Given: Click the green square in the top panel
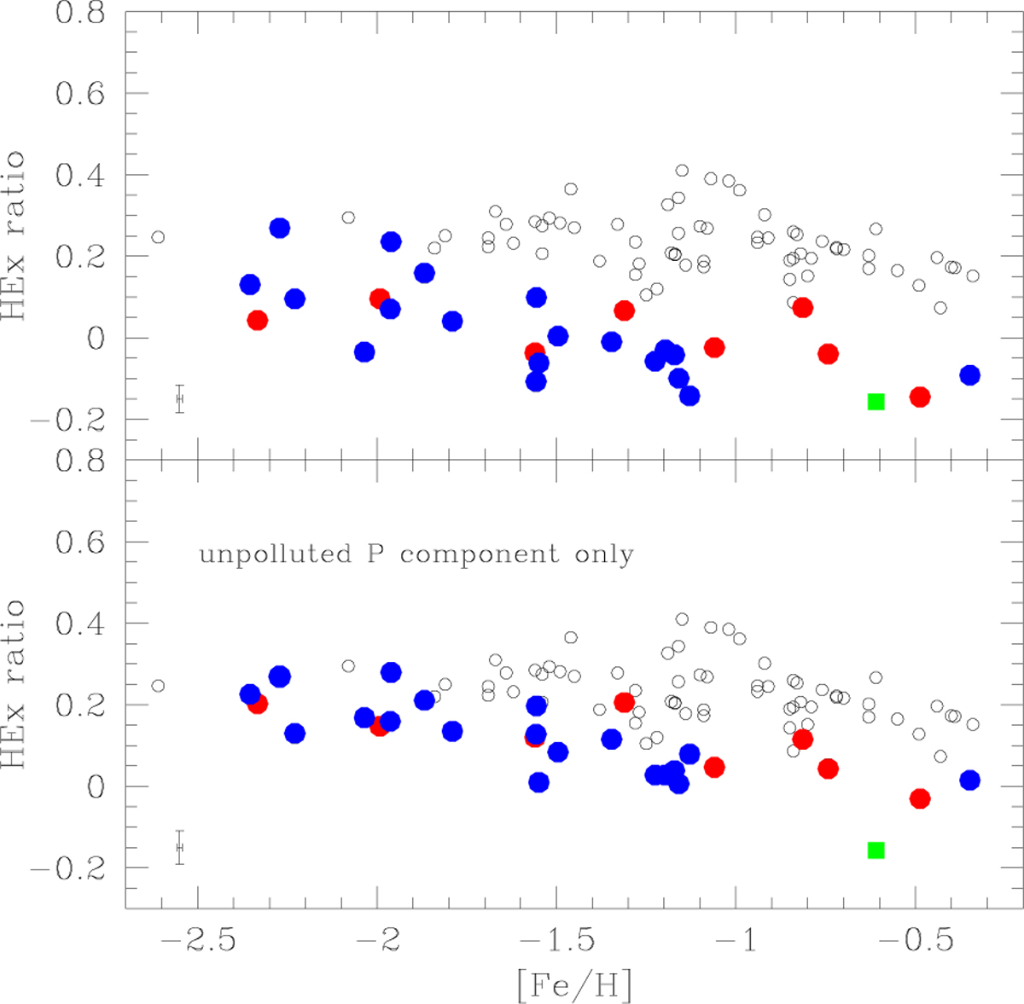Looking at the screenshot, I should coord(876,401).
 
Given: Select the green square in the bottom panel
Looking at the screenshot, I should coord(876,850).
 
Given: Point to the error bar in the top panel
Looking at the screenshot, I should coord(179,398).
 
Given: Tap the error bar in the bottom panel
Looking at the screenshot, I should coord(179,847).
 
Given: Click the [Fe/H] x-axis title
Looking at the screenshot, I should coord(573,984).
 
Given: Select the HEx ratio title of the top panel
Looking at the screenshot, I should coord(15,235).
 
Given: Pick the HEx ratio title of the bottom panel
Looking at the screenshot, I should coord(15,684).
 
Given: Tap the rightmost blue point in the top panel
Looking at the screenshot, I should coord(969,375).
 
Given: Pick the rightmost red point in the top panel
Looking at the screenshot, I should coord(919,397).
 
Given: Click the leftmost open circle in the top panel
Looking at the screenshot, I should coord(158,237).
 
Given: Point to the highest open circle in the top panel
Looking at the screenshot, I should coord(682,171).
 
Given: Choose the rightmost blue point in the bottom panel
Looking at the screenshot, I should coord(969,780).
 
